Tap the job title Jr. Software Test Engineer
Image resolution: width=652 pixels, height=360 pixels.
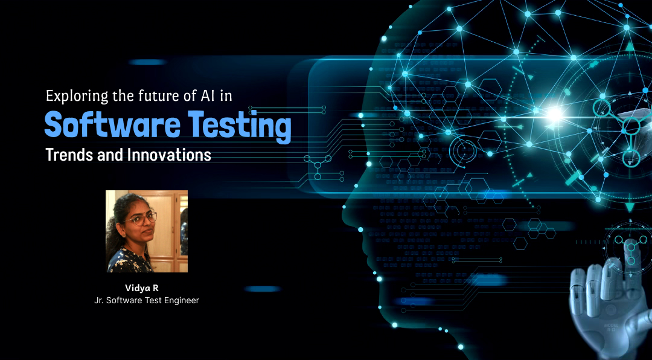146,300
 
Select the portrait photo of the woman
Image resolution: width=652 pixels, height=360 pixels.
146,231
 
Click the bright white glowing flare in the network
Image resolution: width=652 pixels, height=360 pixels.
554,112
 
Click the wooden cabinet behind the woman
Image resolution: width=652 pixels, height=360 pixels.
169,231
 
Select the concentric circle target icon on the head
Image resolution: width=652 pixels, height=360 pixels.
462,149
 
